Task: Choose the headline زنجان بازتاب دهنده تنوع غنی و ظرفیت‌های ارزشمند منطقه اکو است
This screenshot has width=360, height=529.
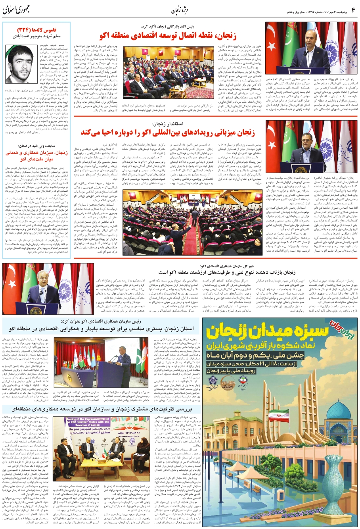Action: [x=227, y=273]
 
